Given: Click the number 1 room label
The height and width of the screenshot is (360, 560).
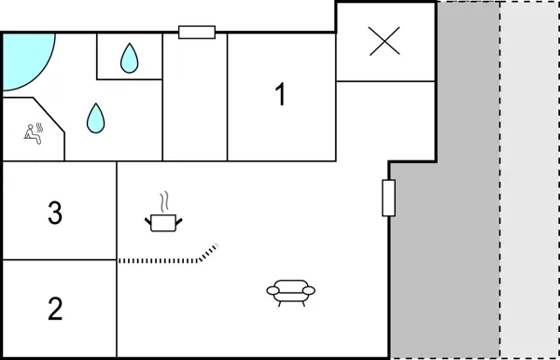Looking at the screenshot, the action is pos(279,95).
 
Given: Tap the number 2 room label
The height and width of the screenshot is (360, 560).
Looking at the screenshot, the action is pos(55,309).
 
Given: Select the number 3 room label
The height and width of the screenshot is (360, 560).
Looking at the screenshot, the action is pos(55,214).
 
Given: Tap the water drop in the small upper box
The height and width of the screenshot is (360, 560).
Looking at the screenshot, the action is pos(129,59).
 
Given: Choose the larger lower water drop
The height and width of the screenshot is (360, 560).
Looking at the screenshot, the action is pos(95,117).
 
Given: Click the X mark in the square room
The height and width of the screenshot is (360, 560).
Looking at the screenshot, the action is pos(384,42).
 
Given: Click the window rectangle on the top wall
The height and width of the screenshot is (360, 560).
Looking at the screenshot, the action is pos(197,33).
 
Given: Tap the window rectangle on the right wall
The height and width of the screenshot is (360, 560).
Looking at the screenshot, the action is pos(389,198).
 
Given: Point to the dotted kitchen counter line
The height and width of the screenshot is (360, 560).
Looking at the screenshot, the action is pos(159,260).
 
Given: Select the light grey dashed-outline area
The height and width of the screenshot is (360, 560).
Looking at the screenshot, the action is pos(528,187).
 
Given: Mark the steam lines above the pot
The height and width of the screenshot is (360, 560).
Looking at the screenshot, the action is pos(165,201).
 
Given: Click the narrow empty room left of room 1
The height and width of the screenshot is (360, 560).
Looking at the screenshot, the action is pos(195,98).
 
